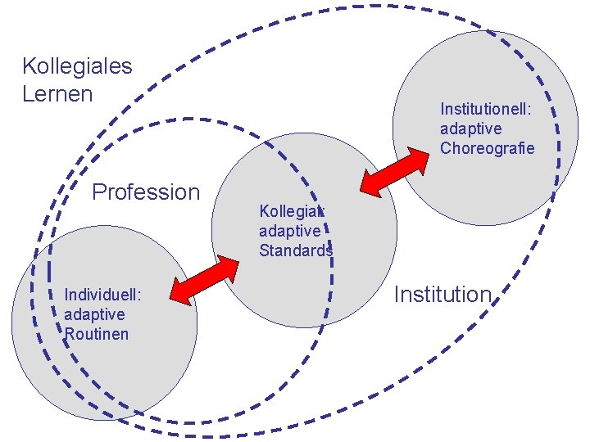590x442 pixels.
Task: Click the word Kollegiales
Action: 77,66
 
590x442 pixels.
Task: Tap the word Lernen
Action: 57,94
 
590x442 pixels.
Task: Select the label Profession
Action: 146,192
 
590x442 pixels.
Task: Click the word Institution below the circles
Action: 442,295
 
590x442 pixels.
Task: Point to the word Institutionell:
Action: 487,109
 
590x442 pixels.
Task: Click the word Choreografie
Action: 487,148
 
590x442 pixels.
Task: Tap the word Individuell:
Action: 104,295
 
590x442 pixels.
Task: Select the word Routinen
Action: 96,334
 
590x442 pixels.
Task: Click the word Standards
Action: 295,250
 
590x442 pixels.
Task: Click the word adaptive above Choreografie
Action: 470,129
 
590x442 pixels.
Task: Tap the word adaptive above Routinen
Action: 94,314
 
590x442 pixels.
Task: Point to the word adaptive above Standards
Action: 289,231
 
